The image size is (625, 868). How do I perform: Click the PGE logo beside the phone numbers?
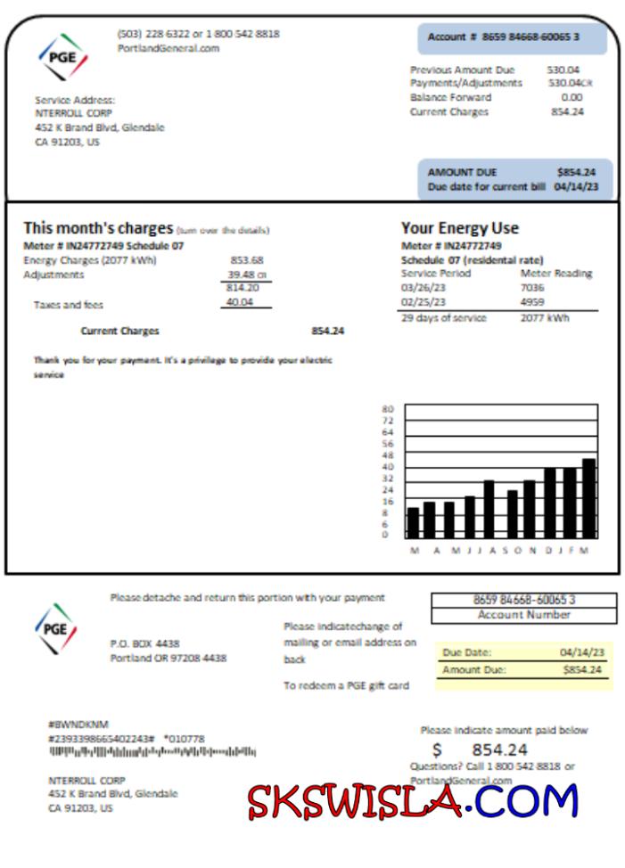[x=62, y=57]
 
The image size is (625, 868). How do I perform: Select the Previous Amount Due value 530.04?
[x=563, y=70]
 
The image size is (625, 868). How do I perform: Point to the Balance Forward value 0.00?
[x=572, y=97]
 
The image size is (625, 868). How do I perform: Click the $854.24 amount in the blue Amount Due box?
[x=576, y=172]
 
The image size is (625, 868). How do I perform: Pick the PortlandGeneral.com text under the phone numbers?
[x=168, y=48]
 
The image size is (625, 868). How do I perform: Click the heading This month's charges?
[x=98, y=228]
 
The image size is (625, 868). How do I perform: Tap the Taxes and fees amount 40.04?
[x=239, y=303]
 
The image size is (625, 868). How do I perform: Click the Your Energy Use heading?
[x=459, y=228]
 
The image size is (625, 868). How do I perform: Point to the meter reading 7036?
[x=532, y=288]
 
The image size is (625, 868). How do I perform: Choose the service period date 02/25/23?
[x=422, y=302]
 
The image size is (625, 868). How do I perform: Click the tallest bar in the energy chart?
[x=588, y=498]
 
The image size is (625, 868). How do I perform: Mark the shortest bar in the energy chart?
[x=413, y=522]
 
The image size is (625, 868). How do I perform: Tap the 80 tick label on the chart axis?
[x=387, y=409]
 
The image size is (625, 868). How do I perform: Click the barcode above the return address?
[x=152, y=752]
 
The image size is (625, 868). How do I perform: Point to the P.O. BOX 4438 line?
[x=144, y=643]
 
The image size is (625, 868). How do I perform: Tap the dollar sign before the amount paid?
[x=437, y=750]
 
